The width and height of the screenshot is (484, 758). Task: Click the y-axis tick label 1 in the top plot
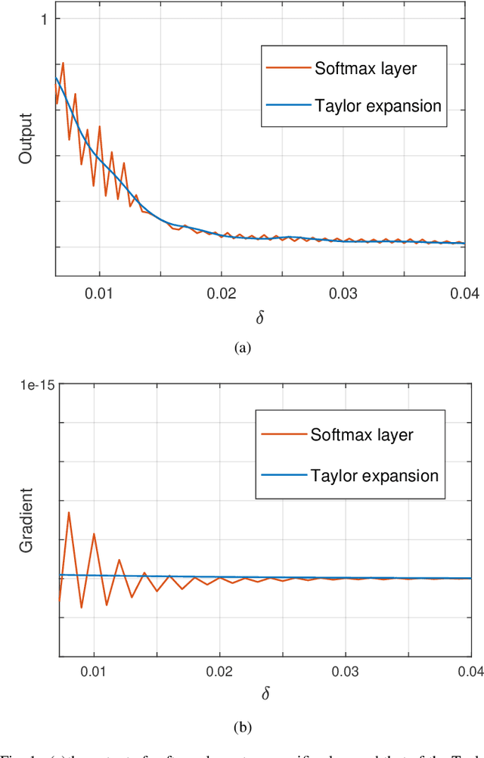(44, 19)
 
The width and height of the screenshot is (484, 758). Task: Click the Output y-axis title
(26, 138)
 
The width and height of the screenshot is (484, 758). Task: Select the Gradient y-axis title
(26, 520)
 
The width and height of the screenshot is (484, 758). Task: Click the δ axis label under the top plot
(260, 317)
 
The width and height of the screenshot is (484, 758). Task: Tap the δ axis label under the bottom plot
(263, 694)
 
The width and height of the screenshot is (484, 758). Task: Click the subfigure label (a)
(242, 347)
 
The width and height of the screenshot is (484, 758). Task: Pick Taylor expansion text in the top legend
(377, 105)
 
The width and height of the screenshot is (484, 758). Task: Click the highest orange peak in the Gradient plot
(69, 513)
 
